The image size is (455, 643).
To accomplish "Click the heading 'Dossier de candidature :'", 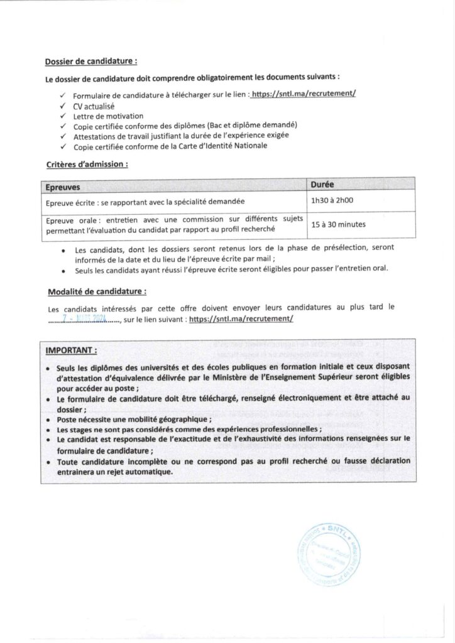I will tap(91, 62).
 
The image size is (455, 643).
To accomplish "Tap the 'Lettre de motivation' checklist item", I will tap(109, 116).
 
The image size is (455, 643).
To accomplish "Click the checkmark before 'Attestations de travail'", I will tap(63, 136).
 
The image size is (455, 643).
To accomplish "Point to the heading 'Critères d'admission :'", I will tap(87, 164).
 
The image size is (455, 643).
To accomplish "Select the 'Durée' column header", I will tap(322, 185).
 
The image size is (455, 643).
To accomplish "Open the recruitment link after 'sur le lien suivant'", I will tap(241, 319).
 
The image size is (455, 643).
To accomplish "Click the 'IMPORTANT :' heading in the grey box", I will tap(71, 349).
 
